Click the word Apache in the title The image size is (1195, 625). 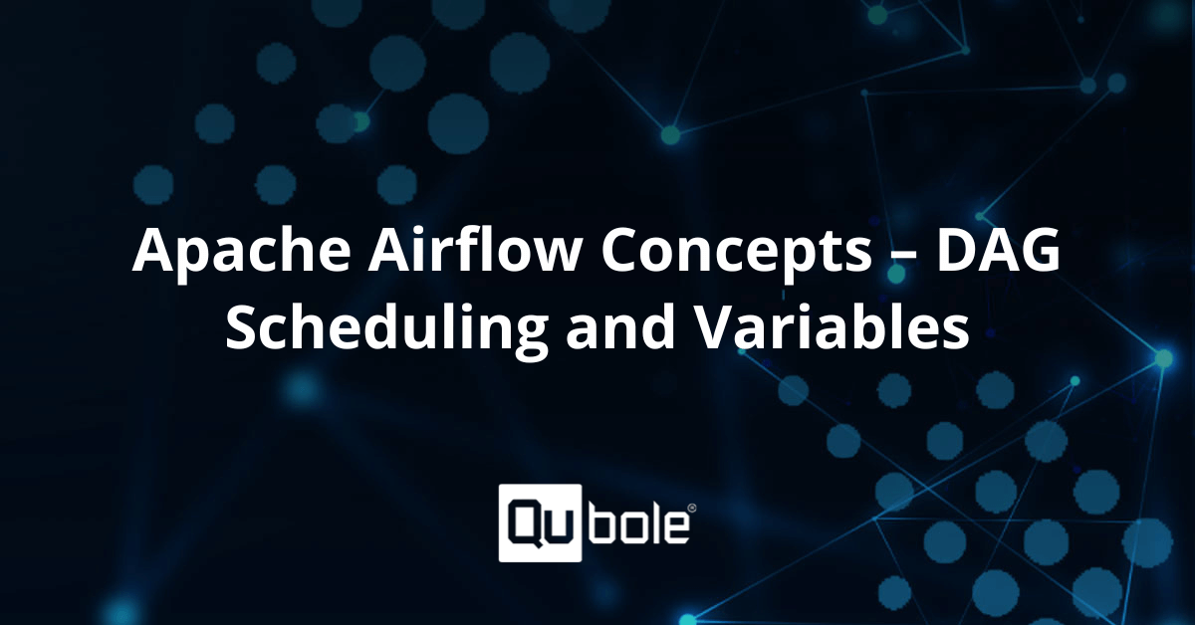pyautogui.click(x=242, y=251)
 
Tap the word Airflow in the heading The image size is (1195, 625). pyautogui.click(x=474, y=247)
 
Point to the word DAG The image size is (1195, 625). pyautogui.click(x=998, y=249)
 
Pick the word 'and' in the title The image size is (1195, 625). pyautogui.click(x=620, y=325)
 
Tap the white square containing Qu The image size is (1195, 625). pyautogui.click(x=540, y=522)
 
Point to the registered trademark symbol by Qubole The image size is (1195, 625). pyautogui.click(x=692, y=509)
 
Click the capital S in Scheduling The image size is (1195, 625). pyautogui.click(x=242, y=326)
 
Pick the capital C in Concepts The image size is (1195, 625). pyautogui.click(x=619, y=249)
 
